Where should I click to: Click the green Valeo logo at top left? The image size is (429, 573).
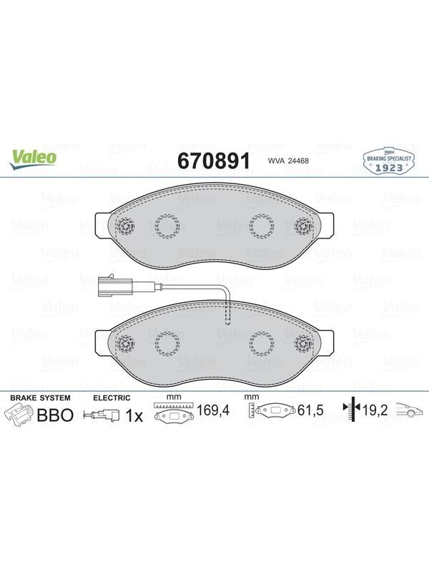[33, 160]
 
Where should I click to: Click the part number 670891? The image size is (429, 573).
[213, 160]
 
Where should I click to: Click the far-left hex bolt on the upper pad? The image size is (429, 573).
[125, 226]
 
